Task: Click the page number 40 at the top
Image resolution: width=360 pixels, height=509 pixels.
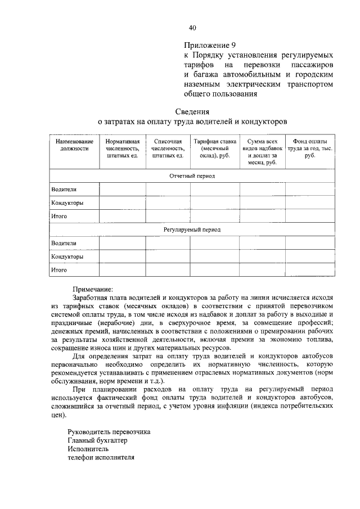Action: point(192,27)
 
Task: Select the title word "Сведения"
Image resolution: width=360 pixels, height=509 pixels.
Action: point(192,111)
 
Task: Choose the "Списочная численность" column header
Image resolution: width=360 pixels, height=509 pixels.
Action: point(168,148)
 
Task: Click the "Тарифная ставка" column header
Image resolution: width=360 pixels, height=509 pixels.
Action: point(214,148)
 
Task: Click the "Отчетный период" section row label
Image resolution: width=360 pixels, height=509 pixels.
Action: point(192,176)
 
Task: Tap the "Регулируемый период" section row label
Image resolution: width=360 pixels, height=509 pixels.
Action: point(192,229)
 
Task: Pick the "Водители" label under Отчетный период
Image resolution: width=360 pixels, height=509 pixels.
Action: point(63,190)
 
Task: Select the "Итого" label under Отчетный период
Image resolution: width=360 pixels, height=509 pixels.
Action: point(59,216)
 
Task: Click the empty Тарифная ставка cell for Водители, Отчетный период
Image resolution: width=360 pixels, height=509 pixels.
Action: point(214,190)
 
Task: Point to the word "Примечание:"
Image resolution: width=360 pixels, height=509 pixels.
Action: point(93,288)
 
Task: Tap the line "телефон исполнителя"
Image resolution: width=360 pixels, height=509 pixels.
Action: point(101,458)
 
